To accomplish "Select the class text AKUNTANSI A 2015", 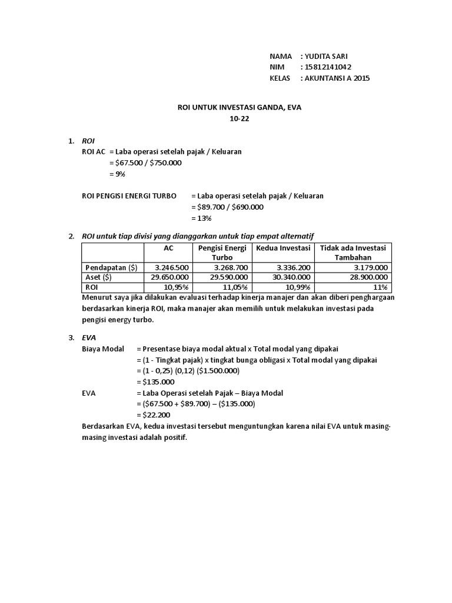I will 337,78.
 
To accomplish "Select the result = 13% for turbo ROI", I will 201,218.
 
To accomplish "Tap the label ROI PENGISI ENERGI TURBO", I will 128,196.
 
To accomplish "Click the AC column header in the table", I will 169,247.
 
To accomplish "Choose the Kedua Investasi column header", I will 282,247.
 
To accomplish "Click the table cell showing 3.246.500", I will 172,267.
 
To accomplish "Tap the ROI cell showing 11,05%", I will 231,287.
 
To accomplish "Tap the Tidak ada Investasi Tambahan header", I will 353,252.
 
